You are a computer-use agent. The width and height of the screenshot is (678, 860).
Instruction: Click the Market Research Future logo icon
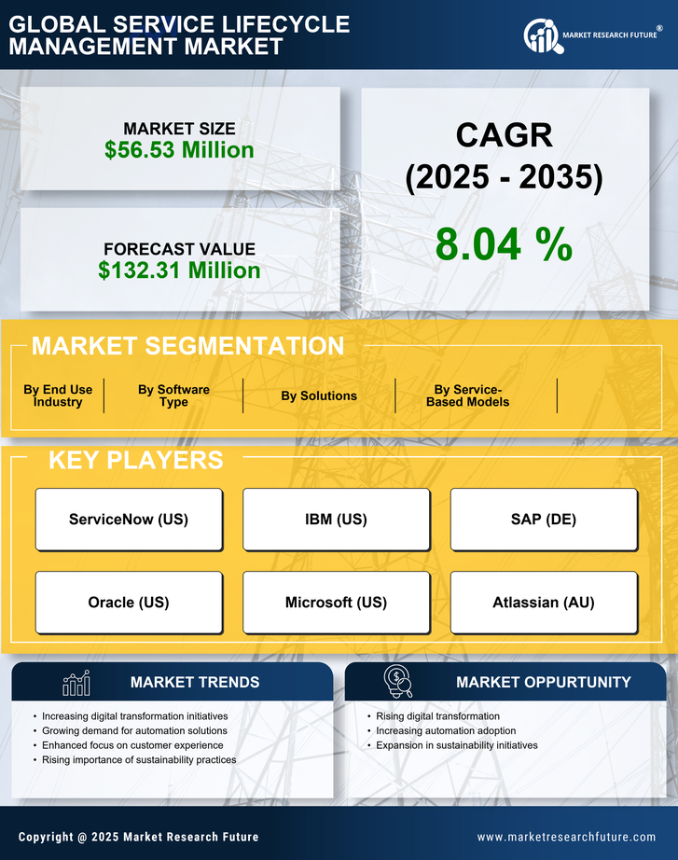coord(541,35)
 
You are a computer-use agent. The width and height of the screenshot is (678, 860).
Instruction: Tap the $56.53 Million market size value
coord(179,150)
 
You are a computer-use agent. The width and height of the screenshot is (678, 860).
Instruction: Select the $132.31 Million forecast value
coord(179,270)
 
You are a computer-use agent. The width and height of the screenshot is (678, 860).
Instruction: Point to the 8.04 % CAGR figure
coord(504,244)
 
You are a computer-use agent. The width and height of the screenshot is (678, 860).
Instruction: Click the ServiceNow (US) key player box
coord(129,520)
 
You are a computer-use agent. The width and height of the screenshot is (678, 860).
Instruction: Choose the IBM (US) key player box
coord(336,520)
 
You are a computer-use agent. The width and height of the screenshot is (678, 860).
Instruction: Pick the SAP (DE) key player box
coord(544,520)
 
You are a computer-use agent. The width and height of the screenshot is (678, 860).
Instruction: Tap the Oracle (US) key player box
coord(129,603)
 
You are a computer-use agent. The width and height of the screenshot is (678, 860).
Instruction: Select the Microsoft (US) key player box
coord(336,603)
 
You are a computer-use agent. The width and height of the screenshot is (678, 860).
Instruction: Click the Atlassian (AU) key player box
coord(544,603)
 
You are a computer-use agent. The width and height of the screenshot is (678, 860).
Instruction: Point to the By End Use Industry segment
coord(58,396)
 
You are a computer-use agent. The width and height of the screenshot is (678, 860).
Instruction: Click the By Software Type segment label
coord(173,396)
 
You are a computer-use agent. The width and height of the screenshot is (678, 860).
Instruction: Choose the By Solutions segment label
coord(319,396)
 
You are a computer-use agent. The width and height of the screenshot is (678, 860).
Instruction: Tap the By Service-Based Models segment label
coord(468,396)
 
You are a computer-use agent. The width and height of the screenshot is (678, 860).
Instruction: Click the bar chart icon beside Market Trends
coord(76,684)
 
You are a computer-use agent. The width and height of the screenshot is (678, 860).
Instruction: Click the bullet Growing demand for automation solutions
coord(134,731)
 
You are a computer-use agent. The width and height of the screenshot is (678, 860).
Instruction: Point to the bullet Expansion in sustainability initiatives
coord(457,745)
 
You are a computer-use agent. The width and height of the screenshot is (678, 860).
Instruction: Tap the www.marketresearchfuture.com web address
coord(566,838)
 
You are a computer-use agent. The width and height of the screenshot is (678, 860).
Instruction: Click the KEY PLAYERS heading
coord(135,460)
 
